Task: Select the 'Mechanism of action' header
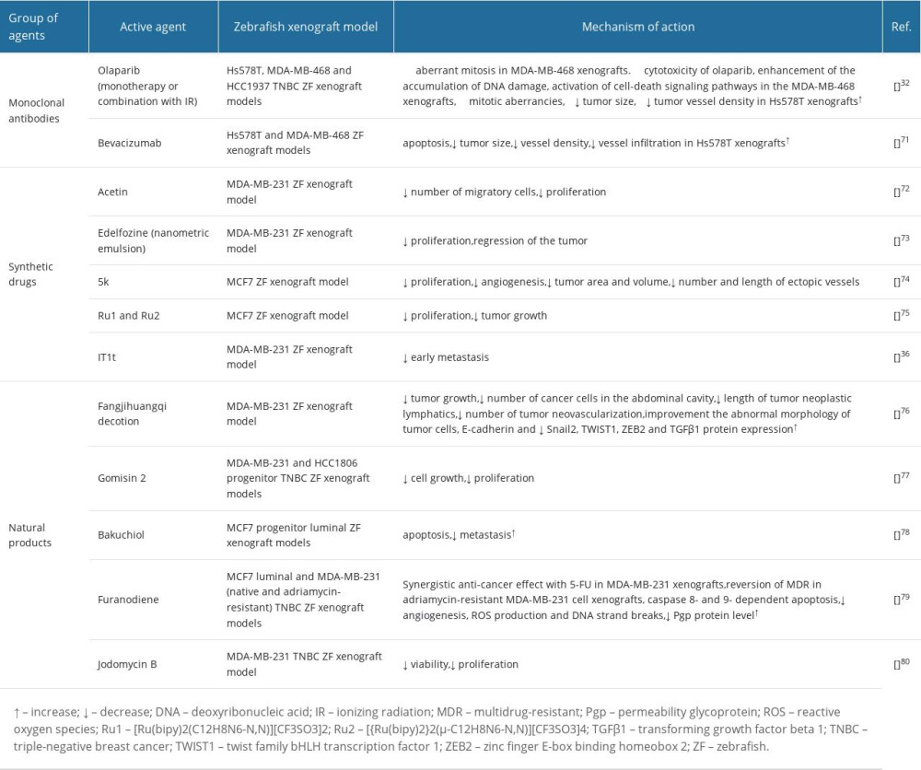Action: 637,27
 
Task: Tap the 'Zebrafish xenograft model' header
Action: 302,27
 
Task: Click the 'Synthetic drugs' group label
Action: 32,274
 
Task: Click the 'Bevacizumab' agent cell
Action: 134,143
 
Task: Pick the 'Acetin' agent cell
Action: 114,192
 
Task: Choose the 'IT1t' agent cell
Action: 109,357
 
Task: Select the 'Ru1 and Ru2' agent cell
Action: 130,316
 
